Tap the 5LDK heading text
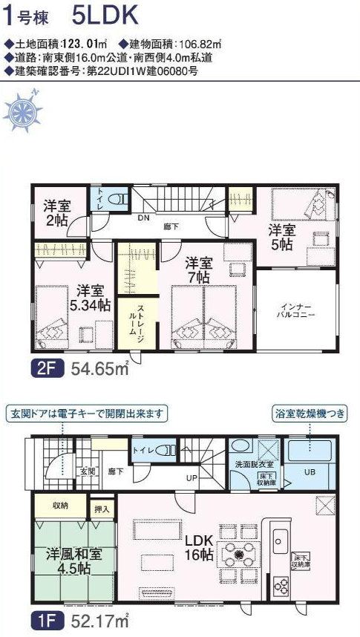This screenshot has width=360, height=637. tap(105, 16)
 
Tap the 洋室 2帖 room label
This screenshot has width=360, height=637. tap(57, 214)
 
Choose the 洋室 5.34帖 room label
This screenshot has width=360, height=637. tap(91, 298)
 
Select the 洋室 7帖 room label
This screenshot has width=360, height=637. tap(198, 270)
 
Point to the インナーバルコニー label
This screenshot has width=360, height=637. tap(297, 310)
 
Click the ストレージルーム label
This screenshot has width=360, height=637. tap(136, 319)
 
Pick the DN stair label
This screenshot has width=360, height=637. tap(143, 218)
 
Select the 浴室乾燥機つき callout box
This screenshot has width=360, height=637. tap(310, 414)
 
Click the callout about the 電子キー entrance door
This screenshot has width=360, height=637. tap(88, 414)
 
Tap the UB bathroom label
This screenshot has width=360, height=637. tap(310, 472)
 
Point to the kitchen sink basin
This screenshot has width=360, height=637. tap(279, 541)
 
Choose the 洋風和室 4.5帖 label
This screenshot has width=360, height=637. tap(74, 560)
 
